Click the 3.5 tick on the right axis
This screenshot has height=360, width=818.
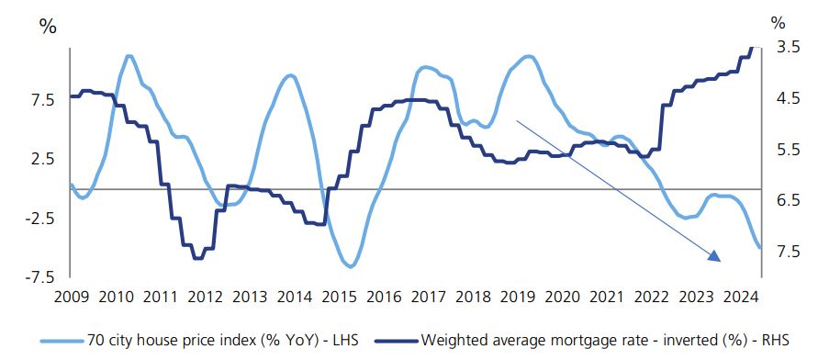coord(788,47)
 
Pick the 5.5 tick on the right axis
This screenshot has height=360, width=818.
coord(788,149)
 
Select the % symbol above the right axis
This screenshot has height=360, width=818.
coord(779,21)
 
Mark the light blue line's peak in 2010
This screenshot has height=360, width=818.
coord(129,56)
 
